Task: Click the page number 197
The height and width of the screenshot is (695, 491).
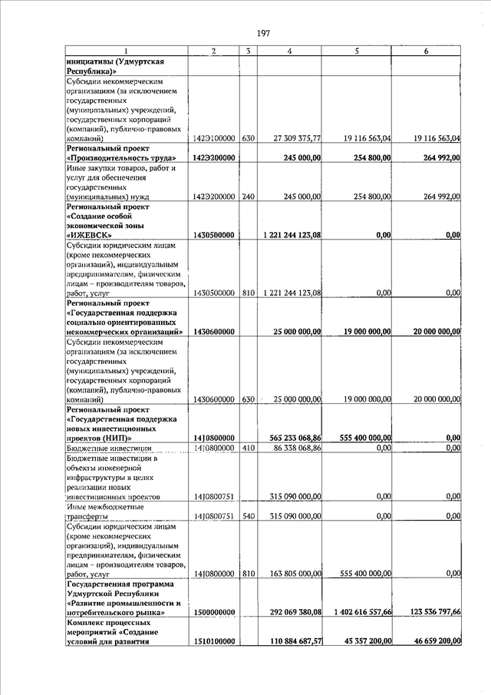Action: coord(262,33)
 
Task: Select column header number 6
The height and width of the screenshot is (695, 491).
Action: coord(426,51)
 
